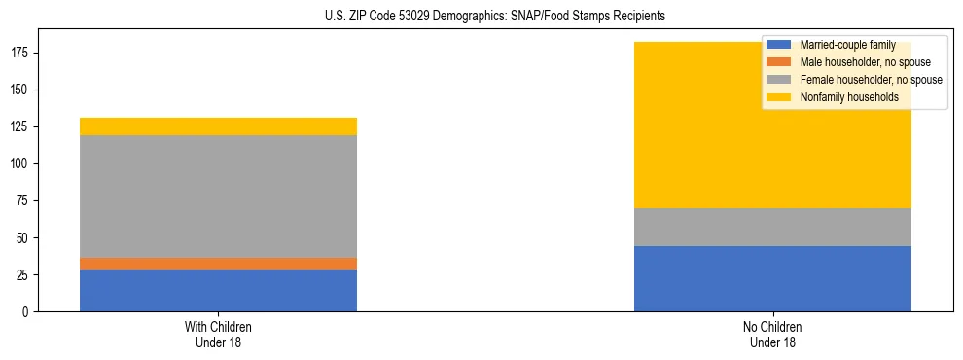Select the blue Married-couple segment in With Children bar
pos(218,290)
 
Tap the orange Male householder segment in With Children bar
pos(218,264)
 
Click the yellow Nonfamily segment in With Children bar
pos(218,126)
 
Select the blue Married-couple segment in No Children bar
pos(772,278)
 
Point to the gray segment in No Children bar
pos(772,228)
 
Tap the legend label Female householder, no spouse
pos(871,80)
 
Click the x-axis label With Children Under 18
pos(218,334)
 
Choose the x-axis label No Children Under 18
pos(772,334)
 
